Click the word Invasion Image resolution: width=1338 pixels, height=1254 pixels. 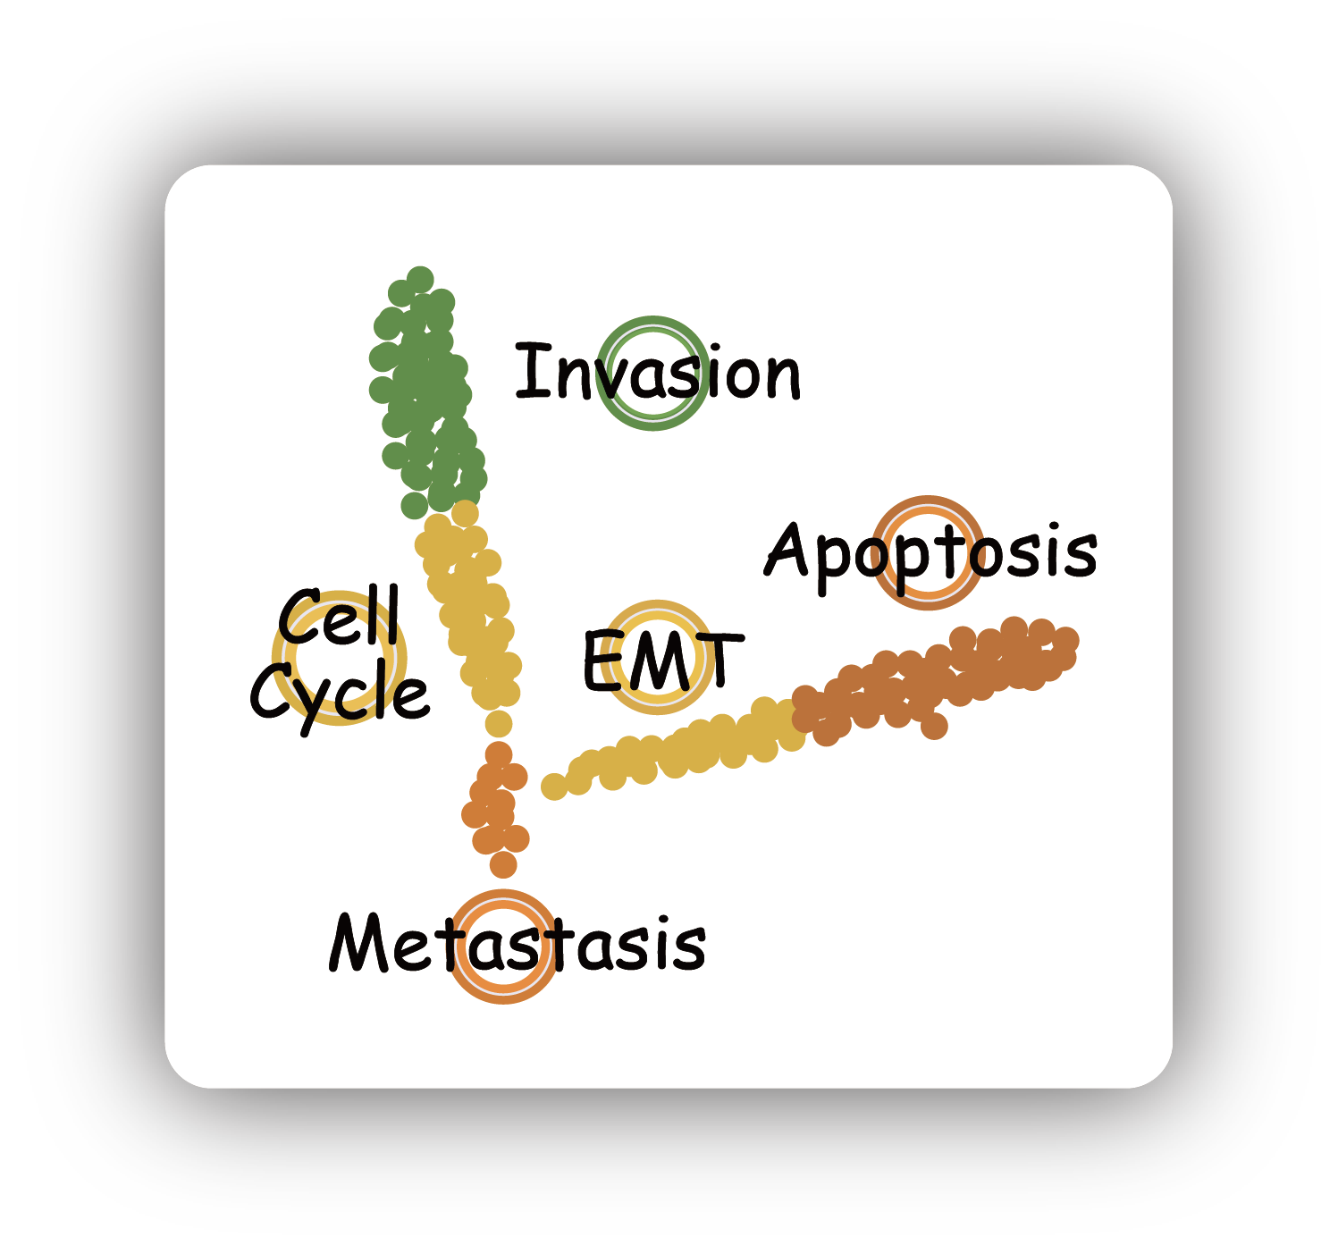(659, 374)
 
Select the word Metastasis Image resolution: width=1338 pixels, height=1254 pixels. (518, 944)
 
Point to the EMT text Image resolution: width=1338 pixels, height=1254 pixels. (661, 661)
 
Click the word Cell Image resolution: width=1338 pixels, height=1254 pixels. (339, 618)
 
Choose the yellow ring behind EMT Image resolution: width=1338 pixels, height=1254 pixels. (659, 609)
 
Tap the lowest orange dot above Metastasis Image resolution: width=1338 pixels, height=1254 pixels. (503, 864)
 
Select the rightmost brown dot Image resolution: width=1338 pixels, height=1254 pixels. (1065, 641)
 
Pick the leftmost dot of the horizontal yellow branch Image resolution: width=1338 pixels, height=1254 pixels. (554, 787)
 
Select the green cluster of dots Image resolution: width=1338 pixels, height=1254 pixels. (425, 393)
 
